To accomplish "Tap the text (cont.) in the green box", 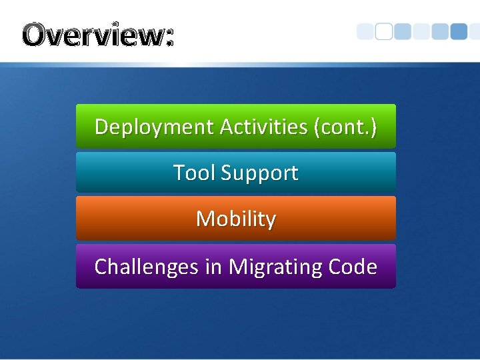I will click(345, 127).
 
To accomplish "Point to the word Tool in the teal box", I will click(194, 173).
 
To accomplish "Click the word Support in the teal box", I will click(259, 173).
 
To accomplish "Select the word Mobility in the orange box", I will click(235, 219).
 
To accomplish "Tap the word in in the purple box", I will click(213, 267).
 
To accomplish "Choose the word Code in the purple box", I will click(353, 267).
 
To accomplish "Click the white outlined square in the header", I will click(384, 32).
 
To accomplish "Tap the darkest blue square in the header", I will click(459, 31).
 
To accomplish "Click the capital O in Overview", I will click(35, 35).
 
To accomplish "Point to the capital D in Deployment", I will click(102, 126).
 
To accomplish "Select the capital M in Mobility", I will click(204, 219).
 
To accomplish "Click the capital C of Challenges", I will click(101, 267).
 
